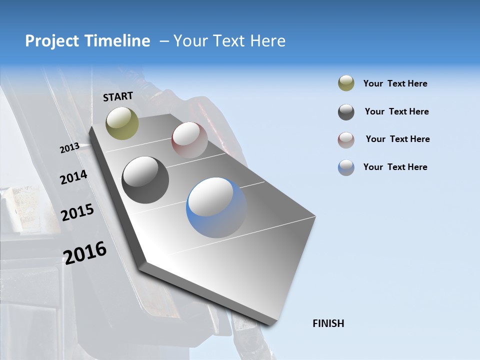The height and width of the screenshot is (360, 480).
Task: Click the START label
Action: [118, 96]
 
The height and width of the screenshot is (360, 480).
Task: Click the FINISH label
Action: [328, 323]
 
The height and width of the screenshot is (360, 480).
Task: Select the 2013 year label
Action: [69, 148]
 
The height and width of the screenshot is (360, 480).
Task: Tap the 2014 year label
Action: [73, 177]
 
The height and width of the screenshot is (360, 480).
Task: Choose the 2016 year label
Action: [85, 252]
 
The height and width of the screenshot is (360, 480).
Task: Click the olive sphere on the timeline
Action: [122, 123]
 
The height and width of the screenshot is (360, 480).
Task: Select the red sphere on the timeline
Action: [189, 140]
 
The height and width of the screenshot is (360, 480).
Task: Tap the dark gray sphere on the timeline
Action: [145, 180]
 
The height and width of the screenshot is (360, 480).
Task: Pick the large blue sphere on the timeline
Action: [216, 207]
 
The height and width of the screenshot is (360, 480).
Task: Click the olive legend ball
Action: [346, 83]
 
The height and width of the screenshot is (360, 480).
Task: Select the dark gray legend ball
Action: [346, 112]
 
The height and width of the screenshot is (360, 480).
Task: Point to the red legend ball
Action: [346, 139]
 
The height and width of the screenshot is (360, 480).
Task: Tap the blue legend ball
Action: [346, 167]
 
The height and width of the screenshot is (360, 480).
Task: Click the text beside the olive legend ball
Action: [395, 83]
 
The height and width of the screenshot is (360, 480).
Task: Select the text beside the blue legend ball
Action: [395, 167]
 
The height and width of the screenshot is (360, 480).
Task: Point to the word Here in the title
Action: [267, 41]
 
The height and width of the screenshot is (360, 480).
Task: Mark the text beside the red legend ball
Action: [397, 139]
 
